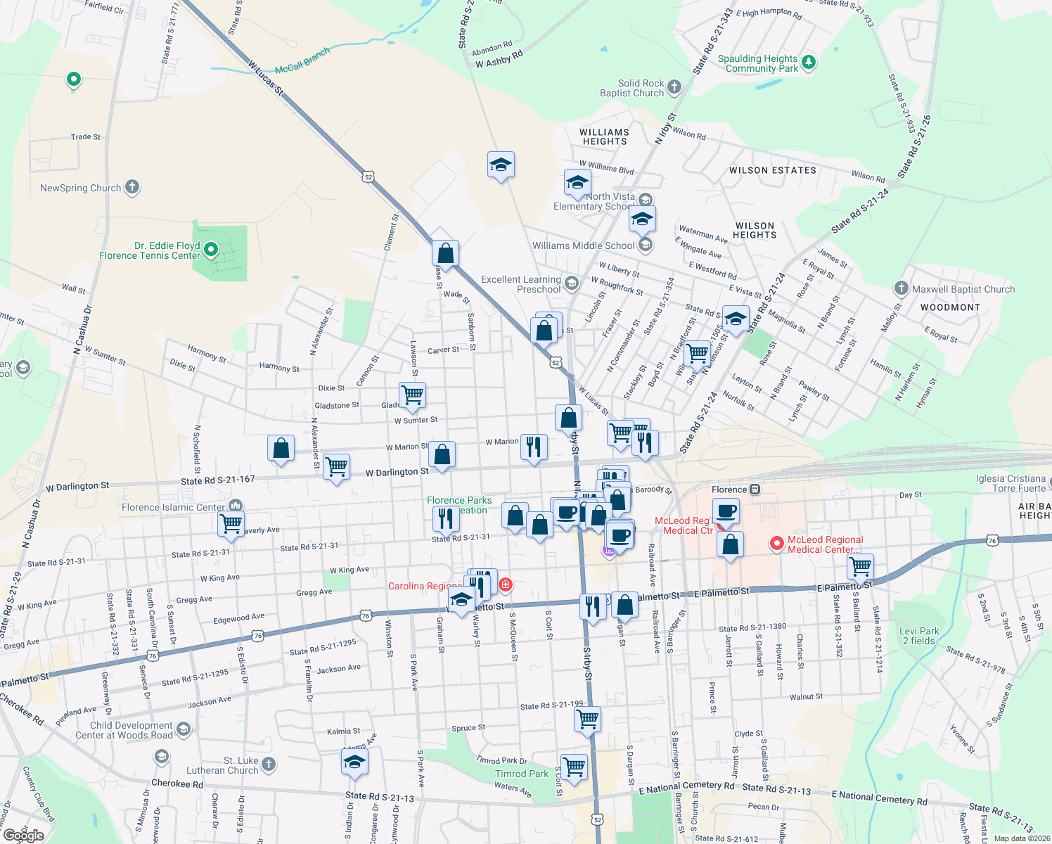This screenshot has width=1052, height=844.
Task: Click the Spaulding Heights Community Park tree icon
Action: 809,63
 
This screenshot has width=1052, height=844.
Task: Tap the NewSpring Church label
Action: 80,188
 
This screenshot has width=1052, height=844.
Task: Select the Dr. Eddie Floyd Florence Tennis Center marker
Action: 210,249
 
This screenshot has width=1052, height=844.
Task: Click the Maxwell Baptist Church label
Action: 963,289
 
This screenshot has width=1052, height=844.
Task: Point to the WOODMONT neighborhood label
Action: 950,307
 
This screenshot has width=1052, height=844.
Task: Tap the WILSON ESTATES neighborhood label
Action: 772,170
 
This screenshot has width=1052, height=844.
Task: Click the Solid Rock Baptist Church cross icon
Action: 674,87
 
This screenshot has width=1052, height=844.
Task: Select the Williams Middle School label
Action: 583,245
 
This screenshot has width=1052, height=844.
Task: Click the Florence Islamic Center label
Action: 173,507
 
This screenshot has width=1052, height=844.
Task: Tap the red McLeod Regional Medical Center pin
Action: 776,544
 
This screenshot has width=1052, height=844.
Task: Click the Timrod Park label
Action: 521,774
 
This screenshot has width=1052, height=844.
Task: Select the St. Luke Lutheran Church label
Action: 222,765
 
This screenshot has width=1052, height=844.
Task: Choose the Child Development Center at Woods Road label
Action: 124,730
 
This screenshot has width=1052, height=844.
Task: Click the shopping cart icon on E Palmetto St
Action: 860,566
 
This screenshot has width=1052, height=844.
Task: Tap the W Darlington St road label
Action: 397,472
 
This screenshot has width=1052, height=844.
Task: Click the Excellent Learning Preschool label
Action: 520,284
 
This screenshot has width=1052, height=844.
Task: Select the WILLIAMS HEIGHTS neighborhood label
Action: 604,136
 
